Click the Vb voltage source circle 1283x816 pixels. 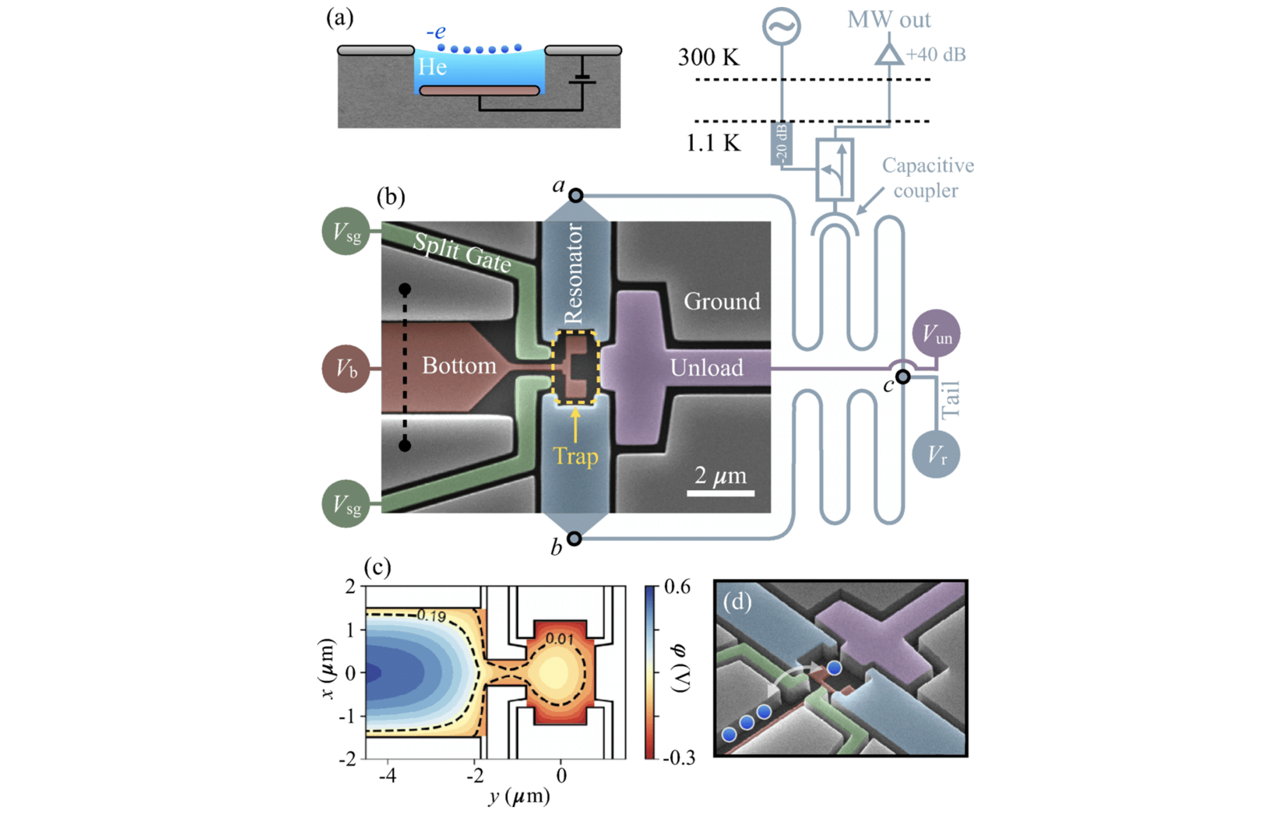pyautogui.click(x=346, y=368)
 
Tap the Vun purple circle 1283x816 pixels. pyautogui.click(x=936, y=333)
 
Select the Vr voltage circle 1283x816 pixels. pyautogui.click(x=936, y=455)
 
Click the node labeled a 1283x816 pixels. pyautogui.click(x=576, y=195)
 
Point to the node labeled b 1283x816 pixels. pyautogui.click(x=574, y=539)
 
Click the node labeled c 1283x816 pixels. pyautogui.click(x=903, y=377)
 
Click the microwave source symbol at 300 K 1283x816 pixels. pyautogui.click(x=781, y=26)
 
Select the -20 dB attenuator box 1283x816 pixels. pyautogui.click(x=781, y=143)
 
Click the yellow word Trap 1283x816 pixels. pyautogui.click(x=576, y=456)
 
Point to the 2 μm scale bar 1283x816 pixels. pyautogui.click(x=721, y=493)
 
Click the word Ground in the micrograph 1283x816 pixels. pyautogui.click(x=722, y=301)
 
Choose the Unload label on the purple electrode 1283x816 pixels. pyautogui.click(x=706, y=368)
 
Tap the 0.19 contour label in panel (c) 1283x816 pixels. pyautogui.click(x=431, y=615)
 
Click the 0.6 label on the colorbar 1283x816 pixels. pyautogui.click(x=678, y=587)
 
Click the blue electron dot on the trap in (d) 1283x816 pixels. pyautogui.click(x=835, y=668)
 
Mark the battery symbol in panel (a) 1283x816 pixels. pyautogui.click(x=582, y=79)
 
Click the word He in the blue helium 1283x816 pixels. pyautogui.click(x=432, y=67)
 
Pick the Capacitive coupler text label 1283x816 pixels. pyautogui.click(x=927, y=178)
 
